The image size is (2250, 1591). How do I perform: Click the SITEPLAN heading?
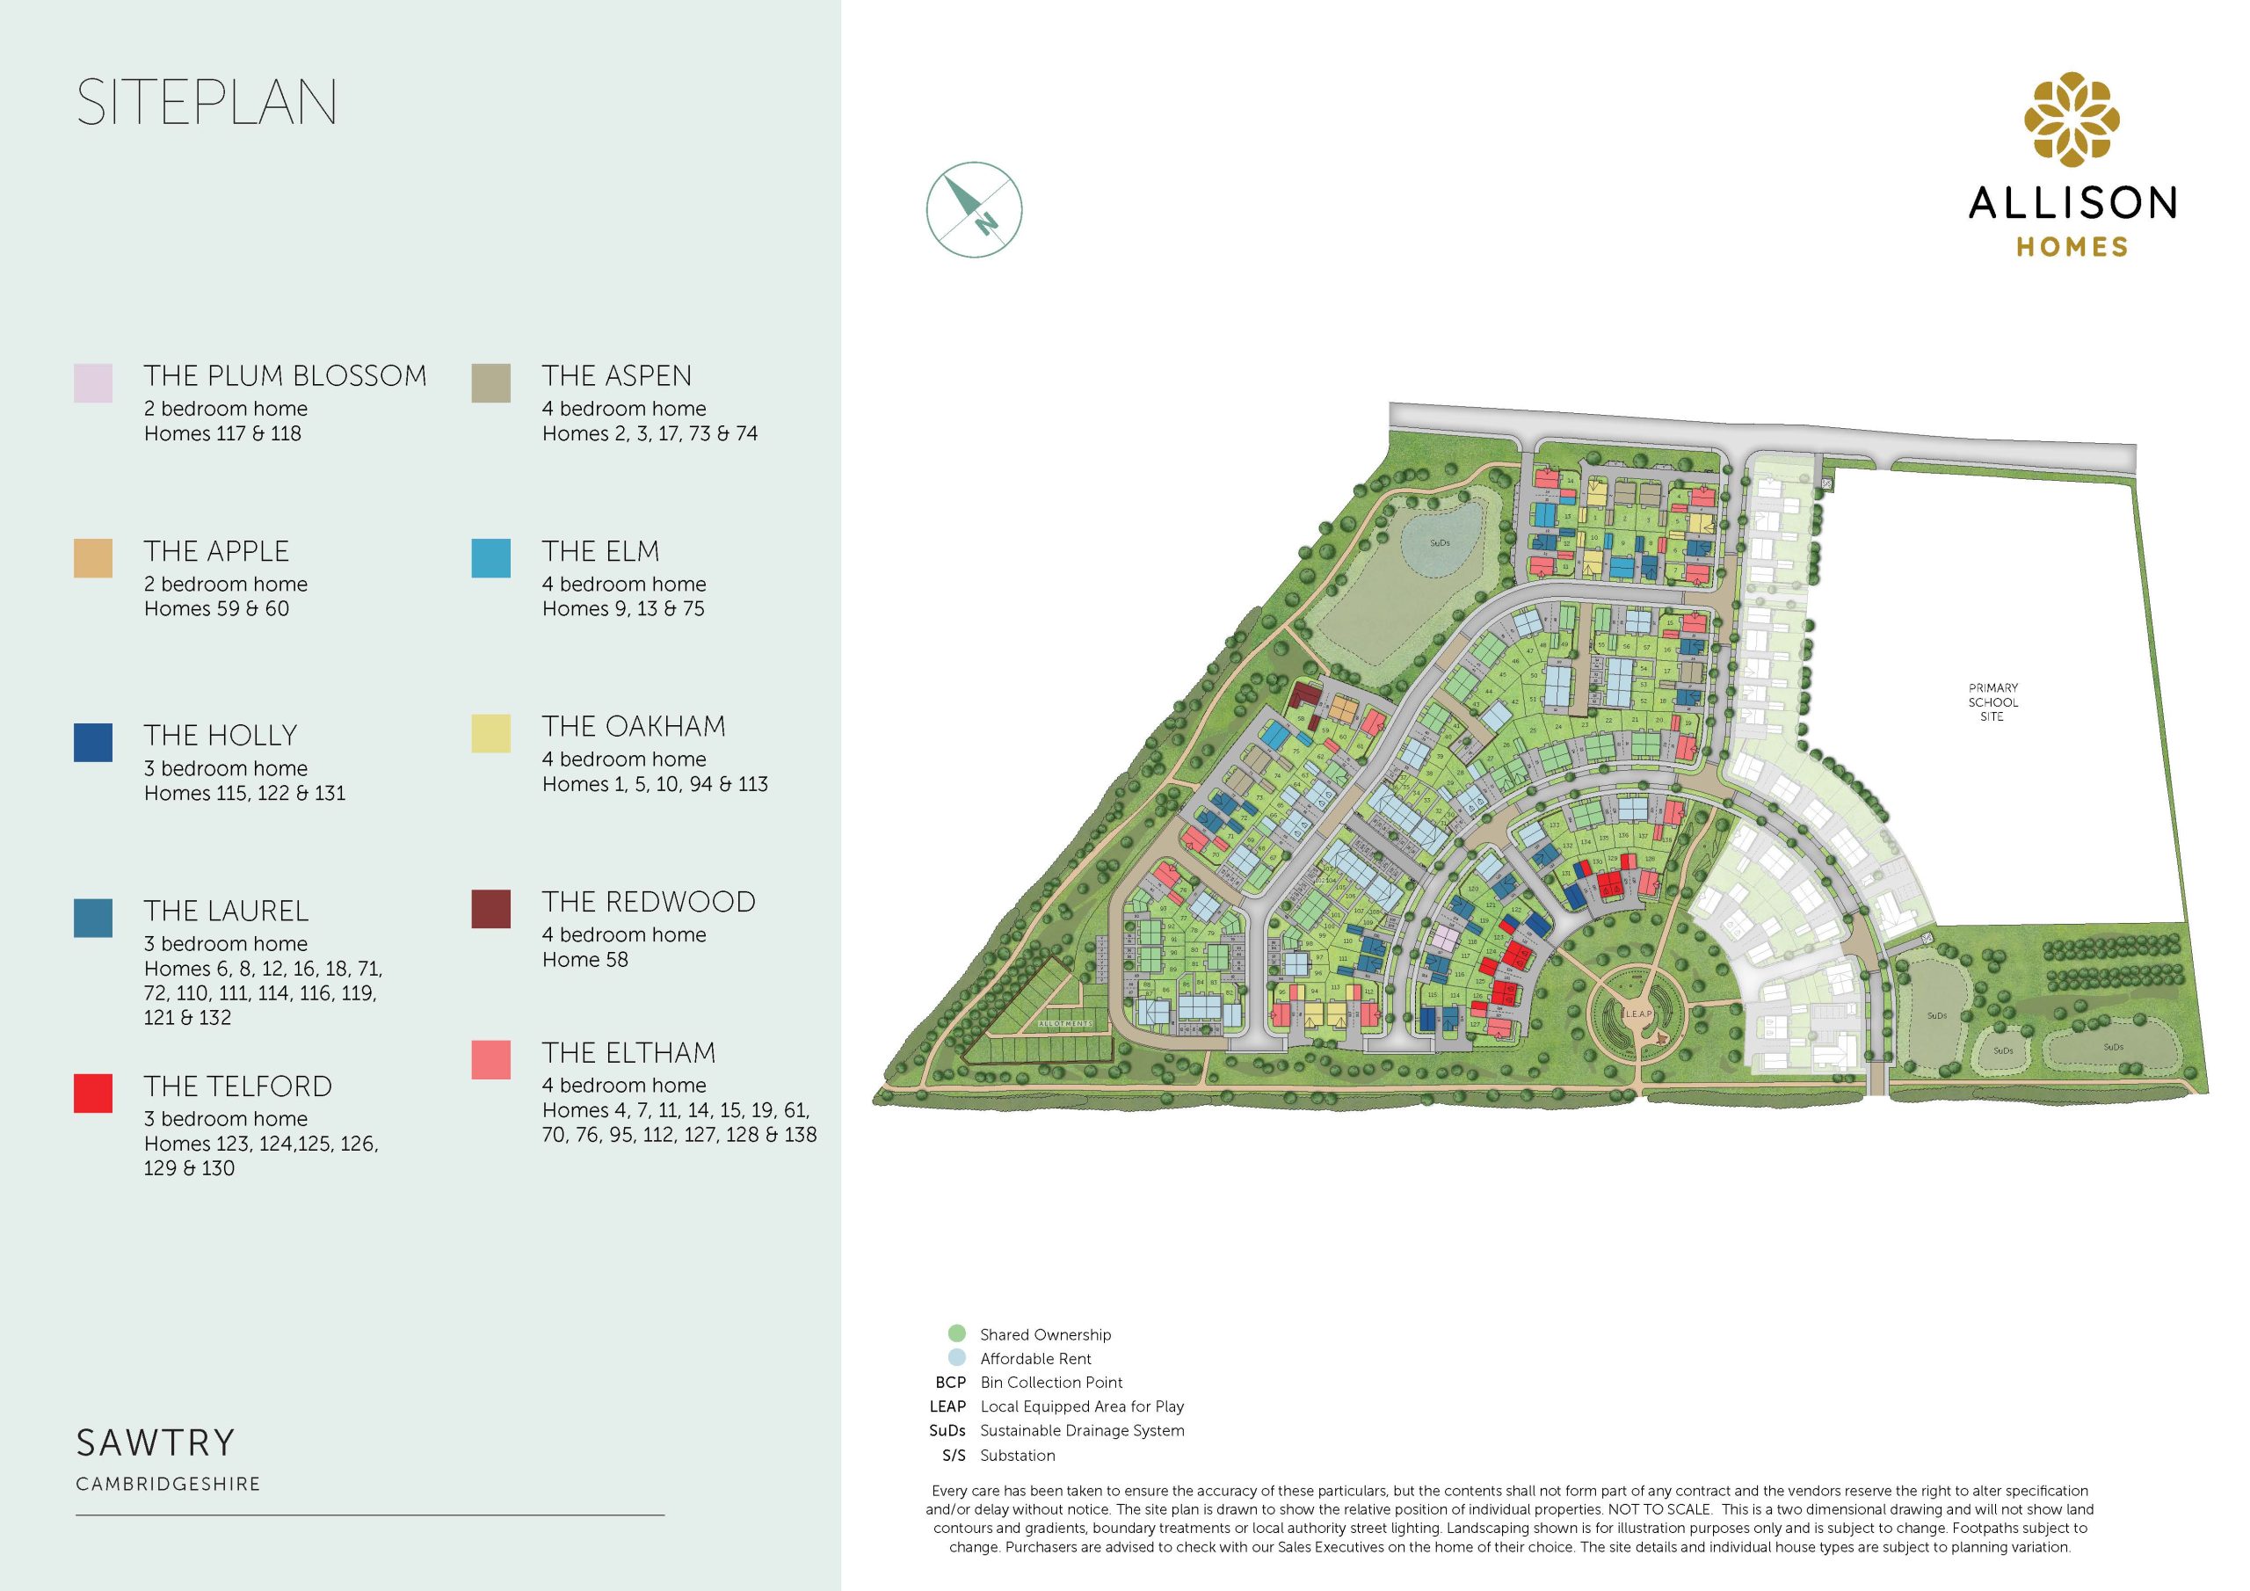pyautogui.click(x=207, y=102)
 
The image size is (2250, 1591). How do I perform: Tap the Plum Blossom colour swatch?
pyautogui.click(x=93, y=383)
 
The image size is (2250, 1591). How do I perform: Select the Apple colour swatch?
pyautogui.click(x=93, y=558)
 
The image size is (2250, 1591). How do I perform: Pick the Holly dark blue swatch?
pyautogui.click(x=93, y=742)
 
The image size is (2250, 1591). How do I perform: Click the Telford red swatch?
pyautogui.click(x=93, y=1093)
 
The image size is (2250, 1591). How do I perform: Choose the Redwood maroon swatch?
pyautogui.click(x=491, y=909)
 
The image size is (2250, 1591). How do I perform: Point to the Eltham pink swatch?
pyautogui.click(x=491, y=1060)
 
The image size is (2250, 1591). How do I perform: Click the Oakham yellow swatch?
pyautogui.click(x=491, y=733)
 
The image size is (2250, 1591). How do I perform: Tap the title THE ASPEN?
pyautogui.click(x=616, y=375)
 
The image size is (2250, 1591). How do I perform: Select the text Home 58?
pyautogui.click(x=585, y=960)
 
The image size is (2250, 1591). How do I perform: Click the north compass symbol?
pyautogui.click(x=974, y=210)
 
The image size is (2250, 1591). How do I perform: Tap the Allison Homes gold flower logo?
pyautogui.click(x=2072, y=120)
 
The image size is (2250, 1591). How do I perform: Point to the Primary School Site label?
pyautogui.click(x=1992, y=701)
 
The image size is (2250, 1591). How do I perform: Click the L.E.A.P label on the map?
pyautogui.click(x=1637, y=1013)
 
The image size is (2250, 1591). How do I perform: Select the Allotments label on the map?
pyautogui.click(x=1065, y=1023)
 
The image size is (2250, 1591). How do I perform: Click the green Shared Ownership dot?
pyautogui.click(x=957, y=1333)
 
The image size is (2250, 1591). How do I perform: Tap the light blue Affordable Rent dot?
pyautogui.click(x=957, y=1358)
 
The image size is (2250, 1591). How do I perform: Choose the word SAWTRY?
pyautogui.click(x=156, y=1443)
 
